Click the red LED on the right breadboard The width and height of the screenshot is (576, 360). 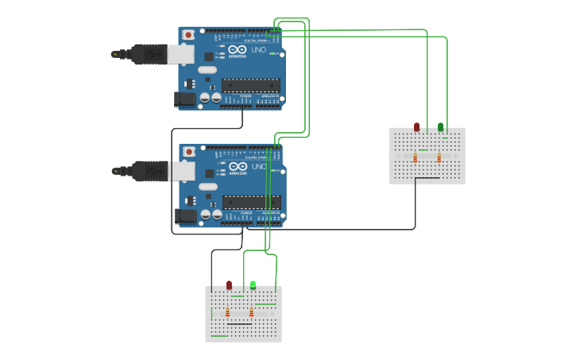tap(416, 126)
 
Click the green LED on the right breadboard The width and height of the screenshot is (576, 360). tap(441, 126)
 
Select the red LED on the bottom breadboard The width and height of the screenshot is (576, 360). tap(229, 285)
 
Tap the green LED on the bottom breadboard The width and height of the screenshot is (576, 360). tap(253, 285)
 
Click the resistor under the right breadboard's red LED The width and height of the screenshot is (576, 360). tap(415, 157)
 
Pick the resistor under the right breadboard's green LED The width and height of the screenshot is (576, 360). tap(439, 157)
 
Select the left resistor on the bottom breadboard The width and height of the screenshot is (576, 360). tap(228, 312)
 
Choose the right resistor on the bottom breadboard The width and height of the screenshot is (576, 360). tap(251, 312)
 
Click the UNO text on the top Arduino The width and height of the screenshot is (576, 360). tap(259, 50)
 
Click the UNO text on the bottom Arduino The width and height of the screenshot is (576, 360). tap(259, 167)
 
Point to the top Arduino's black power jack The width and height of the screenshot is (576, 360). tap(184, 99)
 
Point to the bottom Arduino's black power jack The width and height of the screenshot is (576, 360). tap(185, 215)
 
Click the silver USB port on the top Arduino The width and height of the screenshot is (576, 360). tap(180, 54)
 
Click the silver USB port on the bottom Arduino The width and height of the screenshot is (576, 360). tap(181, 171)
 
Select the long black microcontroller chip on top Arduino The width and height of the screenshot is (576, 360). tap(251, 85)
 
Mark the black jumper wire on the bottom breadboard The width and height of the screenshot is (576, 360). tap(239, 323)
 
